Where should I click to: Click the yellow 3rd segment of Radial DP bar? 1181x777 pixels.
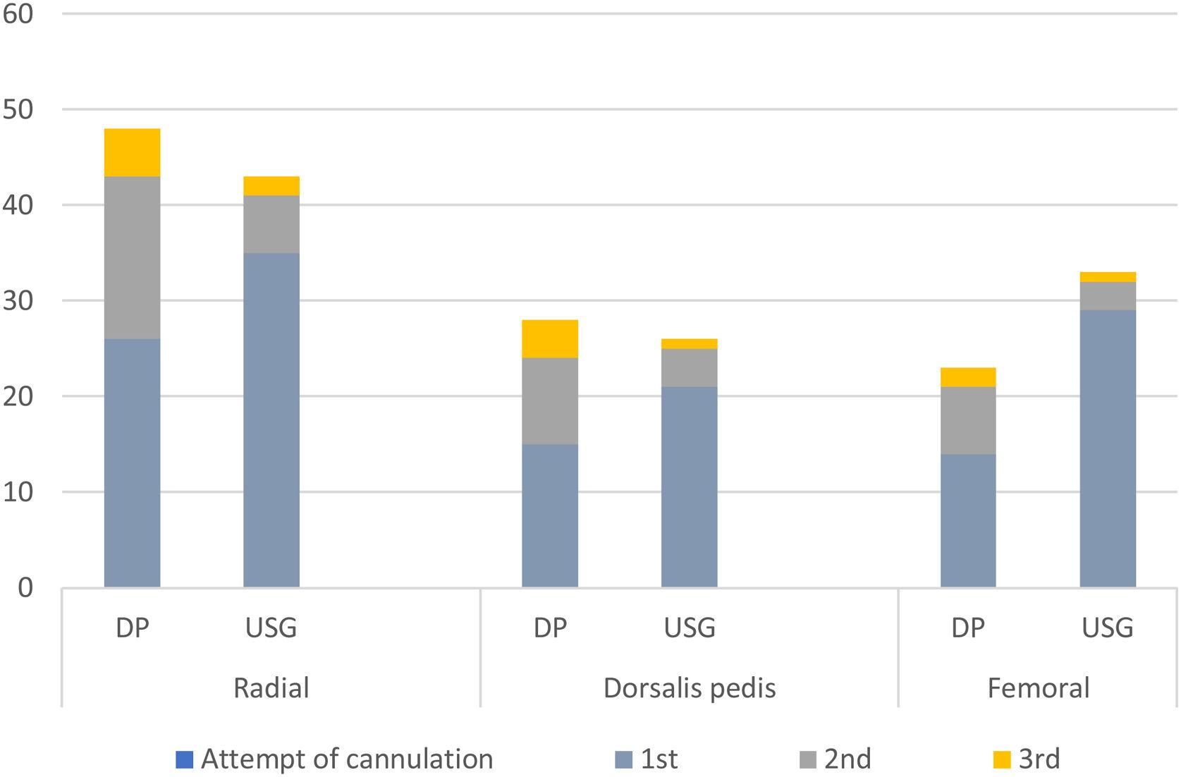132,152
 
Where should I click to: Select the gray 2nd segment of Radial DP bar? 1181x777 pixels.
132,257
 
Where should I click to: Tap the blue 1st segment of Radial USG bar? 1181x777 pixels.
271,420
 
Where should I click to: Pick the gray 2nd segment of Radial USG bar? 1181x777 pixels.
271,224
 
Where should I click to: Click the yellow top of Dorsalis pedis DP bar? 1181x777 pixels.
550,339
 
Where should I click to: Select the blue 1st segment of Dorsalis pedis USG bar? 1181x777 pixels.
690,487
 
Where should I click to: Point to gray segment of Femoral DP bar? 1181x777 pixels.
968,420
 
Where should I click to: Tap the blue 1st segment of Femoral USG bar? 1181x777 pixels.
1108,448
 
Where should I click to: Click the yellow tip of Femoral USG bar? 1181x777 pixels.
1108,277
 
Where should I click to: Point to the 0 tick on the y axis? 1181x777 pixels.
25,588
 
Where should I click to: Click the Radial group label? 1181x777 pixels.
271,688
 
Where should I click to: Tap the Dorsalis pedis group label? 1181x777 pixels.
690,688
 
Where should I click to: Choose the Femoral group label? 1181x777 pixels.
1038,688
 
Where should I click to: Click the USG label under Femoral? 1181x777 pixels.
1108,628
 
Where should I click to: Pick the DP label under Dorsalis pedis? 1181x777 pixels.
550,628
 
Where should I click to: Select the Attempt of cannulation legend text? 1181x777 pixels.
347,759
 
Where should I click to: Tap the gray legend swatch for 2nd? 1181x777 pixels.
808,759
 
